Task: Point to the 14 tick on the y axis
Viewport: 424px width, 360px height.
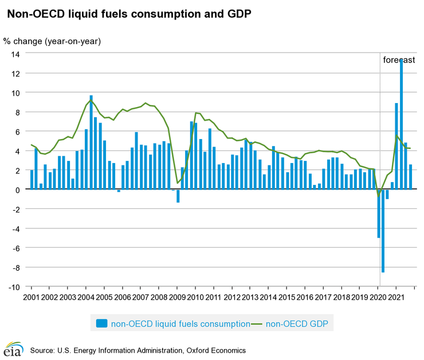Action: (16, 54)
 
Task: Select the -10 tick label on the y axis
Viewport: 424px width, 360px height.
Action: (14, 287)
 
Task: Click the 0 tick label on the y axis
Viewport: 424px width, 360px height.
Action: (18, 189)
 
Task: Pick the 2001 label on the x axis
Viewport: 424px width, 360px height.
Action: (31, 298)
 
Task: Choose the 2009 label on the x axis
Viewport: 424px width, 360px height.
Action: (177, 298)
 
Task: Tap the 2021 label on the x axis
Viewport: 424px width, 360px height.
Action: (396, 298)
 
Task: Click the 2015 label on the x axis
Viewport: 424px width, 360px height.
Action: (287, 298)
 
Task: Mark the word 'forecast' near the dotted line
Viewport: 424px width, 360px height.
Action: (399, 60)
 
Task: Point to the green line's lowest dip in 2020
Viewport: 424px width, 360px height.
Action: (378, 196)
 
